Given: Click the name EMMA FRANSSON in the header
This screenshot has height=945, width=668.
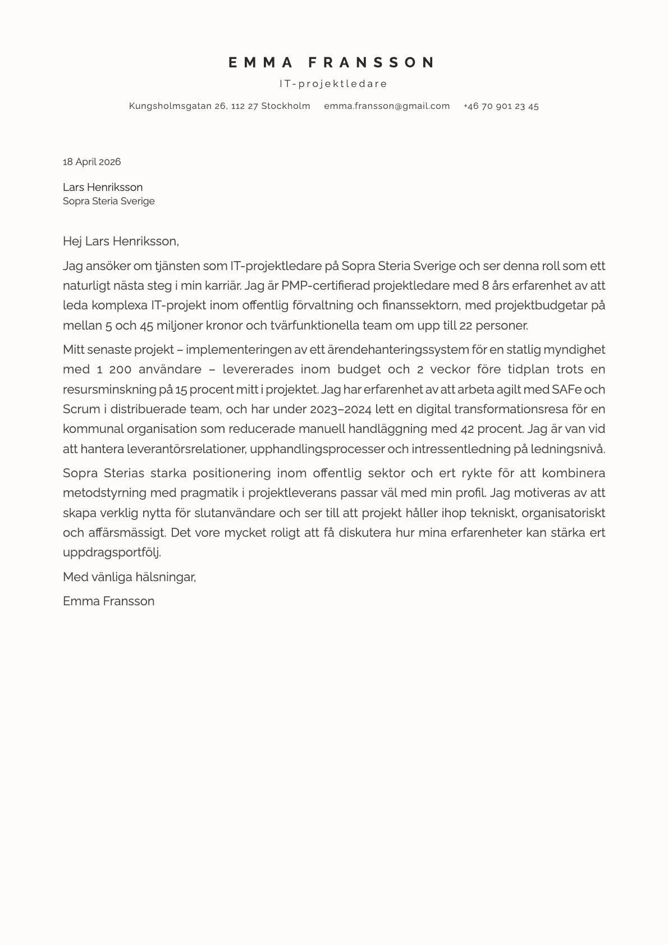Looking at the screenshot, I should click(x=332, y=62).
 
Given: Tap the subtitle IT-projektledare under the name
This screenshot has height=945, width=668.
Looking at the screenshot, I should click(x=333, y=84).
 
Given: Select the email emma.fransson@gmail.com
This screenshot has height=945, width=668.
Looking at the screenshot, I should click(x=387, y=106).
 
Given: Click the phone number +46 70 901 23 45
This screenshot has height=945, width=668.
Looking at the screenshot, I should click(x=501, y=106).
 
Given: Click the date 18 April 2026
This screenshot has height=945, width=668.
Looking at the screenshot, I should click(x=91, y=162).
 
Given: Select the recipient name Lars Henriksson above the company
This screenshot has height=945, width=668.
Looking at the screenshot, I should click(x=103, y=187).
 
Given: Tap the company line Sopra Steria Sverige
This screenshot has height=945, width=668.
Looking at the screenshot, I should click(x=108, y=201).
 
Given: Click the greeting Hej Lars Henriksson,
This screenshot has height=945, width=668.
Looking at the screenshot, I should click(x=121, y=241).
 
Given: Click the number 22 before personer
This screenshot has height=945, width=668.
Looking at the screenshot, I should click(x=466, y=326).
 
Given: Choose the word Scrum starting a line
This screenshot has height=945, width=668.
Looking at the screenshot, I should click(x=81, y=409).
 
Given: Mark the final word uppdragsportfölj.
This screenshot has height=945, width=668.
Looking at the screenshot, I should click(x=112, y=553).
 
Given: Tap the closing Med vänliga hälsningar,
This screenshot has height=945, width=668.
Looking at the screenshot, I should click(x=129, y=577).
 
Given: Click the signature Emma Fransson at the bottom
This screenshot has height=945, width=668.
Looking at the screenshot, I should click(x=108, y=601).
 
